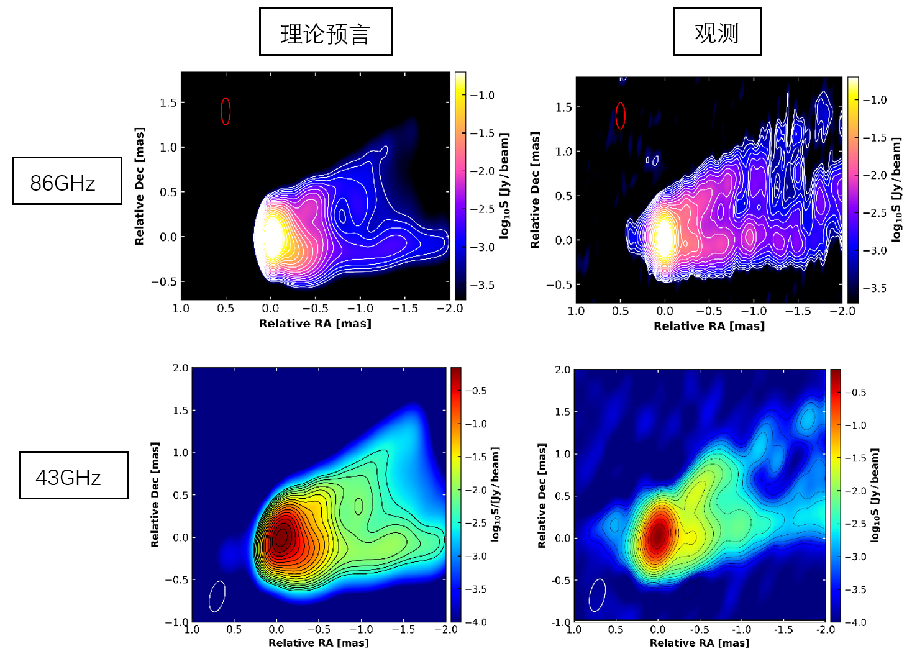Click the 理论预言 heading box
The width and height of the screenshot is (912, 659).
pos(326,32)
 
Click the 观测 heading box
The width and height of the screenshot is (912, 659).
pos(716,32)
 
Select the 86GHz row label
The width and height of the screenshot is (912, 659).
pos(67,181)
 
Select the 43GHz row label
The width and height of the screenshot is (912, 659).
pos(73,475)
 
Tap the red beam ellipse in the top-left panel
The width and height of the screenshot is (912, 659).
pos(226,111)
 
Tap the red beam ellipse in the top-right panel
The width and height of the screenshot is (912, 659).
pos(620,116)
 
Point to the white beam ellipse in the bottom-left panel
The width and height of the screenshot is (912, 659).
pos(217,596)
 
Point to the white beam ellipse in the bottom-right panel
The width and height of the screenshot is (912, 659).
pos(597,595)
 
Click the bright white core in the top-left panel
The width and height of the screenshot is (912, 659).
pos(273,237)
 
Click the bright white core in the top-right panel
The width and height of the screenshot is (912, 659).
pos(664,239)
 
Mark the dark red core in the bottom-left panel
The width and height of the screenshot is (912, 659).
pos(281,536)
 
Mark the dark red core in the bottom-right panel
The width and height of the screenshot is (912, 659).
pos(658,534)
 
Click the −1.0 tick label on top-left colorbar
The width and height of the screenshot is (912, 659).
pos(482,95)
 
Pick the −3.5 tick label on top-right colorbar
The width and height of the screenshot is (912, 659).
pos(874,288)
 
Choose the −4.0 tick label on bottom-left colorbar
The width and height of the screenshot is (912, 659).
pos(477,622)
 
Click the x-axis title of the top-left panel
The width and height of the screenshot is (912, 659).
pos(315,324)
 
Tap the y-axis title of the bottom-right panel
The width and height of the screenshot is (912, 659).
pos(542,496)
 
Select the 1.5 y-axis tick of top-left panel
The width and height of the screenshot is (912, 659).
pos(168,102)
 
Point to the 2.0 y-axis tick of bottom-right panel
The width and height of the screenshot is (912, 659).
pos(562,370)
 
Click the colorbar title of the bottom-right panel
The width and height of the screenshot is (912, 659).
pos(875,495)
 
